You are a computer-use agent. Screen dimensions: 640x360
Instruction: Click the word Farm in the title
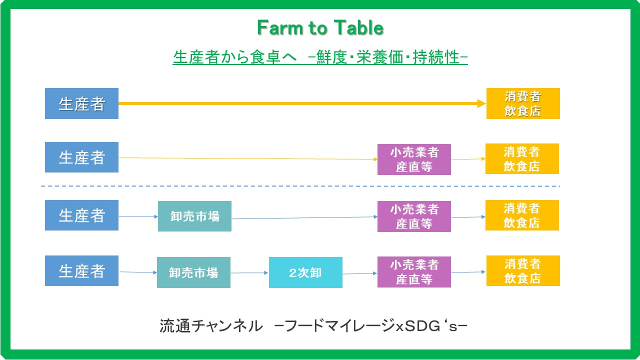click(x=280, y=27)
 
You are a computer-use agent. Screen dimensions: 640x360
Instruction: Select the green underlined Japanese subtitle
click(x=320, y=57)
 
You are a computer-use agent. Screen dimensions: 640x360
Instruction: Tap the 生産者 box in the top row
click(x=81, y=103)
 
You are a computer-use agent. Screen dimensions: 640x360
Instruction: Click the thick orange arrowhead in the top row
click(x=481, y=103)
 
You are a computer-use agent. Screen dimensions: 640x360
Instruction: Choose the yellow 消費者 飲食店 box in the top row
click(x=523, y=103)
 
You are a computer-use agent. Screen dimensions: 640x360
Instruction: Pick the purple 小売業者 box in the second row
click(x=414, y=159)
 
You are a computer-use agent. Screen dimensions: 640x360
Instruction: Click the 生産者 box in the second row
click(x=81, y=157)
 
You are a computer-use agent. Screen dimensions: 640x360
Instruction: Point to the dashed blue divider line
click(x=300, y=186)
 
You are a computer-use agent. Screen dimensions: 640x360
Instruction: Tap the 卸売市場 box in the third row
click(x=194, y=216)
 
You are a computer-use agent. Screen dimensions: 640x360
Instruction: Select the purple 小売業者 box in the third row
click(x=414, y=216)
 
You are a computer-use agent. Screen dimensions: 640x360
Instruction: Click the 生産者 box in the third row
click(x=81, y=215)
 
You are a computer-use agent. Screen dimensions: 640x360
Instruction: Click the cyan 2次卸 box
click(x=305, y=272)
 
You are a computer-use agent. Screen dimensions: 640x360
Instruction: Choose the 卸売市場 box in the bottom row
click(x=193, y=272)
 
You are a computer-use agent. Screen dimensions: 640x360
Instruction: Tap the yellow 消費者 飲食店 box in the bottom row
click(x=523, y=270)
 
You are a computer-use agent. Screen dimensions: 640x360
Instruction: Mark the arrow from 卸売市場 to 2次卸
click(x=249, y=273)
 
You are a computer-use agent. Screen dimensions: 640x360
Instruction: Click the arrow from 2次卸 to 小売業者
click(x=360, y=273)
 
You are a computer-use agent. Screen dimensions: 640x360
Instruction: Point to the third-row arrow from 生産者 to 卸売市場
click(x=138, y=216)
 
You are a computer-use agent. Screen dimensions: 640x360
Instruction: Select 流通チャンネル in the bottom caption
click(x=211, y=326)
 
